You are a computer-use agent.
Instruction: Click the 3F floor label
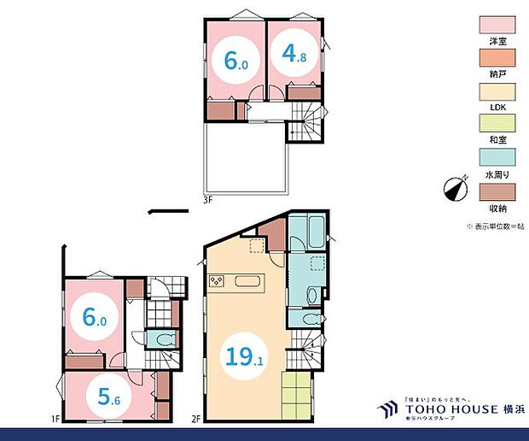coord(207,200)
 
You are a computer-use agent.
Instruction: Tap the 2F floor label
coord(195,419)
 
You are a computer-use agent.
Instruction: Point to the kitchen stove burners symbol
coord(216,280)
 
